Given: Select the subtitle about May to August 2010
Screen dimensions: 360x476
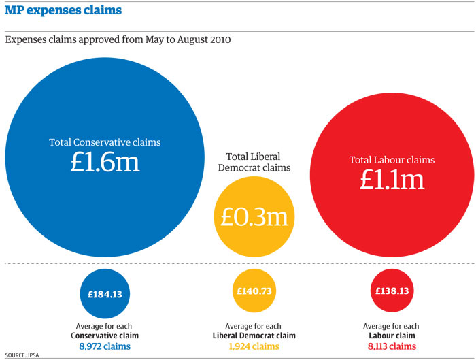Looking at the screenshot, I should click(118, 40).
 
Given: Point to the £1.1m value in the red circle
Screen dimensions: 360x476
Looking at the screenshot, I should click(392, 179).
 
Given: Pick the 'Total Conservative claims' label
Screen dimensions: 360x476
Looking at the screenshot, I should click(104, 143).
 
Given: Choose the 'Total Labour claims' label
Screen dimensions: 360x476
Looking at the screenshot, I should click(392, 161).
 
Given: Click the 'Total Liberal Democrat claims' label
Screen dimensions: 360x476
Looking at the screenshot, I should click(254, 162).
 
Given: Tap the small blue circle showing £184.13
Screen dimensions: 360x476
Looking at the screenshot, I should click(105, 293).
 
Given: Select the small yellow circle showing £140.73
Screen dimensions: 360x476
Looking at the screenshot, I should click(254, 291).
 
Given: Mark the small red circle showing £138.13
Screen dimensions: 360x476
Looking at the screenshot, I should click(392, 291).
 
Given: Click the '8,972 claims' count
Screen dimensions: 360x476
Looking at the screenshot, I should click(105, 346).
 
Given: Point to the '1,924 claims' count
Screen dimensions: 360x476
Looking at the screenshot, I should click(254, 346).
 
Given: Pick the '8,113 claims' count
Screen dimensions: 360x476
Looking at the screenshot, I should click(392, 346).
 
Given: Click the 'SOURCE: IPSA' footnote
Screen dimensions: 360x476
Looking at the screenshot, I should click(22, 355).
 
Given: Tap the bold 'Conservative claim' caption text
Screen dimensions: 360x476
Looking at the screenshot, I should click(105, 336).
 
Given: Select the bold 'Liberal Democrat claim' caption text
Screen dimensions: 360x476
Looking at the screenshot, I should click(254, 336).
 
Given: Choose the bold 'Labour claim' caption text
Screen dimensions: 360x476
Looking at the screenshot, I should click(392, 336).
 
